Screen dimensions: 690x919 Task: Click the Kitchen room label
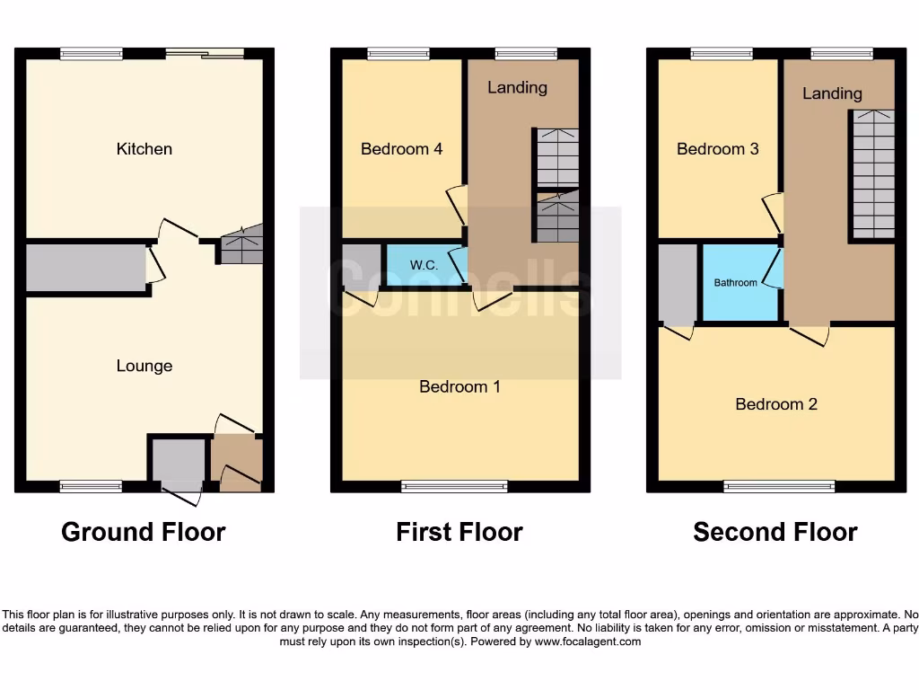(144, 149)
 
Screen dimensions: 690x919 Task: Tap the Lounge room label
(144, 366)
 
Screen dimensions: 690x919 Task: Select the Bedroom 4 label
(401, 149)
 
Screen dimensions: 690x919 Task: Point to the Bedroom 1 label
(459, 387)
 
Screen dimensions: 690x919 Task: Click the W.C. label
(424, 266)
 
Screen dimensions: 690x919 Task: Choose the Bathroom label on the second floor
(736, 283)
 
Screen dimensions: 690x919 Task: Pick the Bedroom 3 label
(717, 149)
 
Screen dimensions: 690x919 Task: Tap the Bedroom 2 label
(775, 404)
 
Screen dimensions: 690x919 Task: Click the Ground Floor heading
(144, 532)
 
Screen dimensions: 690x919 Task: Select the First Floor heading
(459, 532)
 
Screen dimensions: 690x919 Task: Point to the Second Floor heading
(775, 532)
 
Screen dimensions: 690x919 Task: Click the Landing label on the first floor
(517, 87)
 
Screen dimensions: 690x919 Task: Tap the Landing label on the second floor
(832, 93)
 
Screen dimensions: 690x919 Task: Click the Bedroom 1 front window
(454, 487)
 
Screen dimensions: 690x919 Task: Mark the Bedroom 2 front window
(779, 487)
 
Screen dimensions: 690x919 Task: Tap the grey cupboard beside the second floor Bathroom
(678, 282)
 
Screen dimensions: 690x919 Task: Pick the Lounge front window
(91, 487)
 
